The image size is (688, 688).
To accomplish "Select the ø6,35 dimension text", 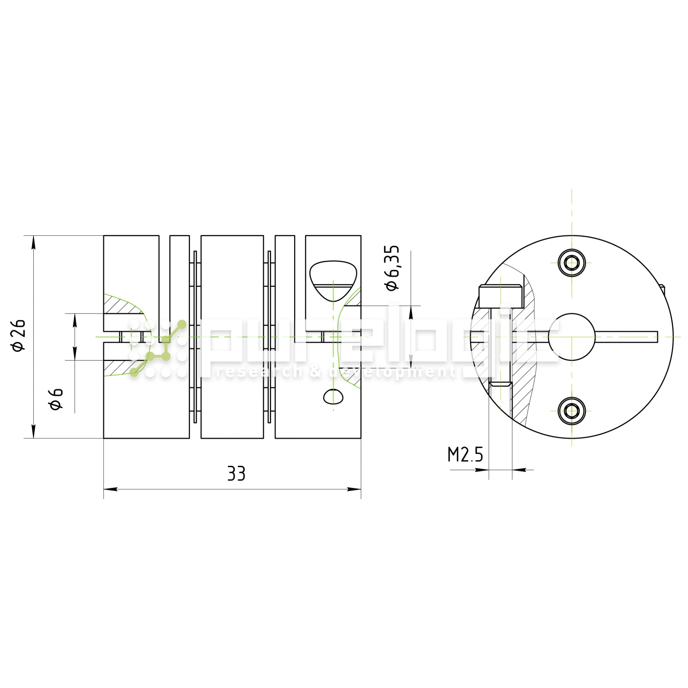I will coord(392,268).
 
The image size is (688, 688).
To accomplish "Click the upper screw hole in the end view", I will coord(571,263).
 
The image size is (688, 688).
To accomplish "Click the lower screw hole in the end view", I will coord(571,411).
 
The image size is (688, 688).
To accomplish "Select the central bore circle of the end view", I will coord(571,337).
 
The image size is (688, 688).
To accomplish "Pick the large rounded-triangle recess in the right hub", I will coord(333,279).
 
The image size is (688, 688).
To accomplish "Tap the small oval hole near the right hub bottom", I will coord(333,396).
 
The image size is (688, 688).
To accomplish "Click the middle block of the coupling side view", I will coord(232,336).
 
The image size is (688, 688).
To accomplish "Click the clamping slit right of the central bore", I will coord(627,337).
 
